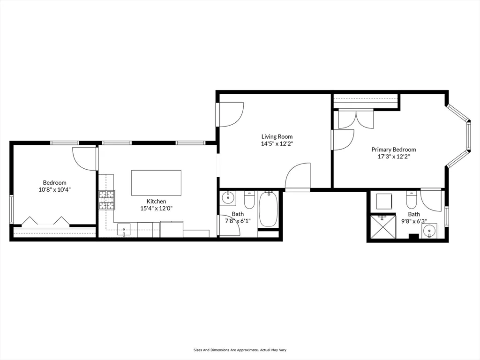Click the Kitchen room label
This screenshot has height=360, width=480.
[156, 201]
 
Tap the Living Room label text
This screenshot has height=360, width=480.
[277, 137]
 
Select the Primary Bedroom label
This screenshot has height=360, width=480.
[393, 150]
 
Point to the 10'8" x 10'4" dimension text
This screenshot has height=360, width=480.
[55, 190]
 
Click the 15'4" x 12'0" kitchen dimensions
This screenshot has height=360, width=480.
[156, 208]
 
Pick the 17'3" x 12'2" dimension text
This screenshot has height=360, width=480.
[393, 157]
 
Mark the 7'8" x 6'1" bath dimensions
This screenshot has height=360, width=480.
[238, 221]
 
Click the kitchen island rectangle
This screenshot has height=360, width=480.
[156, 183]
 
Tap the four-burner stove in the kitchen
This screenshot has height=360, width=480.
[106, 200]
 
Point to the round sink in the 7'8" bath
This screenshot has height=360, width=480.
[228, 198]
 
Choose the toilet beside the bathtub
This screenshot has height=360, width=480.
[249, 200]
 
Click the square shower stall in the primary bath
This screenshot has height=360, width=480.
[383, 226]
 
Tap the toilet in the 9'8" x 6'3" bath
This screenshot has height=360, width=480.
[411, 200]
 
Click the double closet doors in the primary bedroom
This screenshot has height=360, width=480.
[356, 119]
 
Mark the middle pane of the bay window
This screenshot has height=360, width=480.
[468, 136]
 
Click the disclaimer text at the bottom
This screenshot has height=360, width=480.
[240, 350]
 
